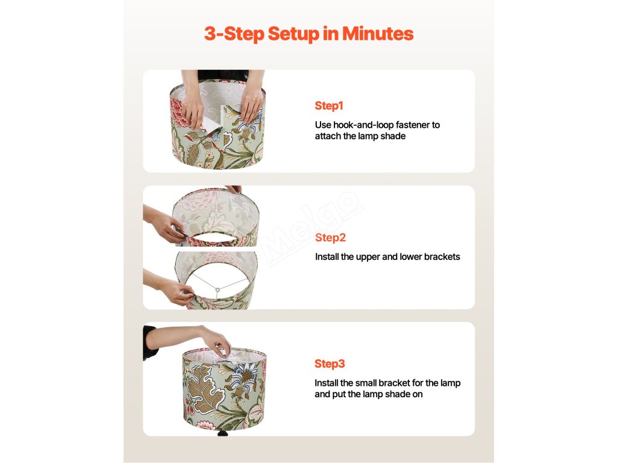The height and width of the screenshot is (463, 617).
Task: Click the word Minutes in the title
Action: pyautogui.click(x=378, y=34)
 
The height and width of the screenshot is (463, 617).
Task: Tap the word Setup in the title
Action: pyautogui.click(x=293, y=34)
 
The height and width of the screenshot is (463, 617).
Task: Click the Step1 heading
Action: pyautogui.click(x=329, y=106)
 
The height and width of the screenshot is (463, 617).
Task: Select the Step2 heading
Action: pyautogui.click(x=331, y=238)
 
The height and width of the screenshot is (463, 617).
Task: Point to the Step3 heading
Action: pyautogui.click(x=330, y=364)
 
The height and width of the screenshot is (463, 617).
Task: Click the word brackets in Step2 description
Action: pyautogui.click(x=442, y=257)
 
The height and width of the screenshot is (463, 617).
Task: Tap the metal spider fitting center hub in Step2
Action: pyautogui.click(x=217, y=290)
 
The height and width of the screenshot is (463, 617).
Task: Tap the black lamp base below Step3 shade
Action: pyautogui.click(x=223, y=433)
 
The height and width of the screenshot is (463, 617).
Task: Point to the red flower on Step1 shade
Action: pyautogui.click(x=178, y=112)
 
